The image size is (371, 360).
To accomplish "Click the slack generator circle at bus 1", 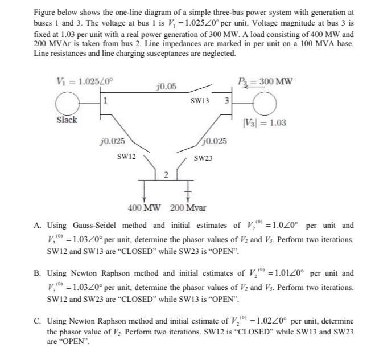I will (x=67, y=103).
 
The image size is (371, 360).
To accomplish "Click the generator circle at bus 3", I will (x=262, y=104).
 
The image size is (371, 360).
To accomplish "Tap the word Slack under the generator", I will (x=67, y=120).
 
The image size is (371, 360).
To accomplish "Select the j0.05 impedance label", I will (x=165, y=87).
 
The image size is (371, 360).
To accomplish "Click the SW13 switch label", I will (x=200, y=101).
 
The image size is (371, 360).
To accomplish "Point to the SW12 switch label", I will (x=126, y=156).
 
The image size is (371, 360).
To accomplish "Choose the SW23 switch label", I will (x=203, y=157).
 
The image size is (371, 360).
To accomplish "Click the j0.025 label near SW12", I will (x=112, y=140).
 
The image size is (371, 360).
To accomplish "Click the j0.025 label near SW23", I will (x=214, y=141).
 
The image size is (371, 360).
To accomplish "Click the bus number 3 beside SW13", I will (x=226, y=101).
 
